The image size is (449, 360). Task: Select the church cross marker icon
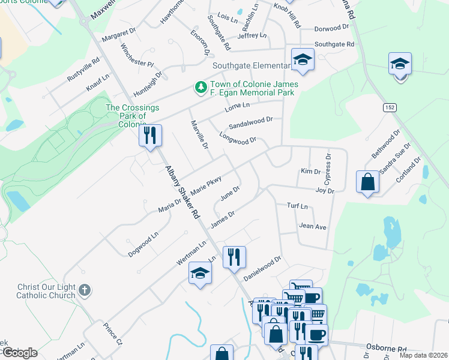click(x=85, y=290)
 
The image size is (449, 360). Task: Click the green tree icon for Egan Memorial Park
click(x=200, y=88)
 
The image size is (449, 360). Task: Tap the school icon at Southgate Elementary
click(x=303, y=59)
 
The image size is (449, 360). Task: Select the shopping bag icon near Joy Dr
click(x=367, y=182)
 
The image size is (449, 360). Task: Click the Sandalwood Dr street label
click(x=251, y=123)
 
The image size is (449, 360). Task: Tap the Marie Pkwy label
click(x=206, y=185)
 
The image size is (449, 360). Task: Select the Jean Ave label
click(x=312, y=226)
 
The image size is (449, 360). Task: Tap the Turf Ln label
click(x=297, y=206)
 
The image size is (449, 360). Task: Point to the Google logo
click(x=19, y=352)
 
